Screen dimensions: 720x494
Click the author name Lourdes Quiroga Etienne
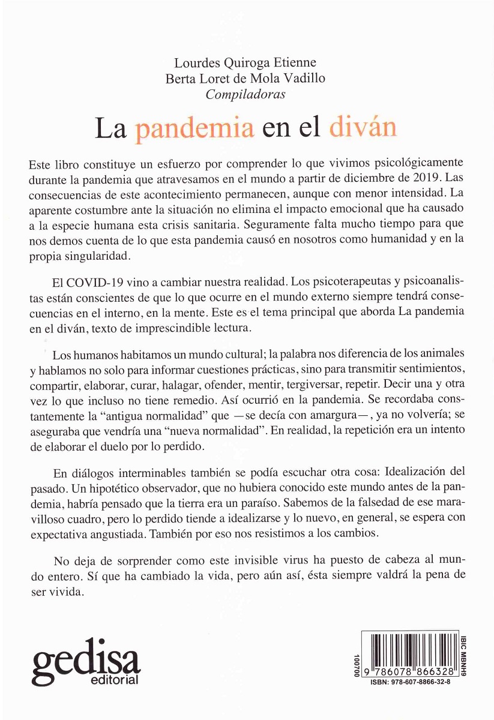245,62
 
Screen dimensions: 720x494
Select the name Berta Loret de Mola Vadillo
245,78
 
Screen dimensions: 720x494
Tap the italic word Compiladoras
245,94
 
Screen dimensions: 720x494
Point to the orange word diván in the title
363,128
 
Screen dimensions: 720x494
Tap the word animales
444,352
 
